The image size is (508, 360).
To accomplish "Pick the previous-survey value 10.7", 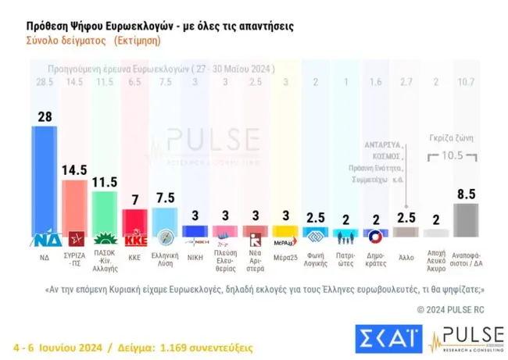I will click(466, 82).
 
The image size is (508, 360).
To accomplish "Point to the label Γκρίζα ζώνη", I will click(451, 137).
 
